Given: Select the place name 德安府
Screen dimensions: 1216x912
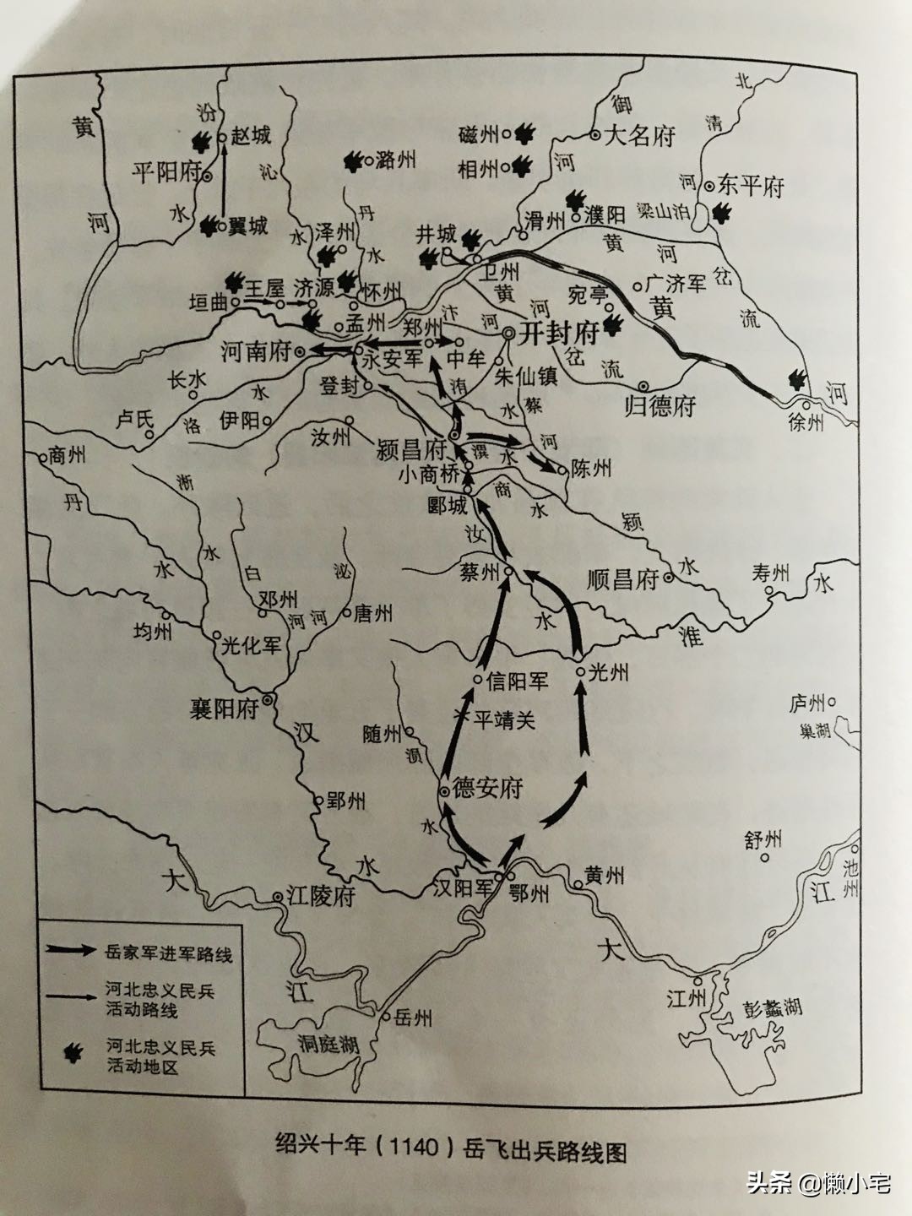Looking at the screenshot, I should tap(488, 789).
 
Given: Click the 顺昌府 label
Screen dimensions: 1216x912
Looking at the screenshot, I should tap(622, 580).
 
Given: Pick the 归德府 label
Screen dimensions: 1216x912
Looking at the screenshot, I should tap(660, 406).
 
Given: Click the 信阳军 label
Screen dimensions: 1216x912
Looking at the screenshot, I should tap(518, 680).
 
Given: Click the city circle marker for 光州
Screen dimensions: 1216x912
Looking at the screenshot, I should tap(581, 671).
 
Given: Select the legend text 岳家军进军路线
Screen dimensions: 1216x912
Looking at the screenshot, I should tap(169, 954).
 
